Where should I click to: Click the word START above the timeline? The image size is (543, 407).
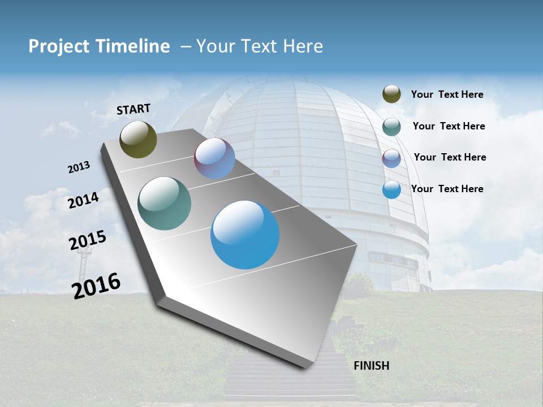coord(133,109)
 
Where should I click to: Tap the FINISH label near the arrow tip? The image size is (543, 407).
coord(371,366)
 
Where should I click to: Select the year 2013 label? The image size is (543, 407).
coord(79,167)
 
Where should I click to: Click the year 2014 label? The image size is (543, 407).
coord(83,200)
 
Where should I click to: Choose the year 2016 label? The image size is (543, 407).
coord(96,285)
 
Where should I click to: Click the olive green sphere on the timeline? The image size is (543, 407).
coord(138,139)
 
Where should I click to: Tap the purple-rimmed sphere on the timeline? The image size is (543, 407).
coord(214,158)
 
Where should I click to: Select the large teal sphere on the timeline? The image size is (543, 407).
coord(164,203)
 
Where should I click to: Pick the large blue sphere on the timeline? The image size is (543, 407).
coord(245,235)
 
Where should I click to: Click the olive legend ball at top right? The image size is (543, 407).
coord(391,94)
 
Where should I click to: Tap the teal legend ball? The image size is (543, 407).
coord(391,126)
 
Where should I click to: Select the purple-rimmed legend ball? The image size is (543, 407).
coord(391,158)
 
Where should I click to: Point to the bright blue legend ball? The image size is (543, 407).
coord(391,189)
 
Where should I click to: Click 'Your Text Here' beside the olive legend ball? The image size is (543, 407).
coord(447,95)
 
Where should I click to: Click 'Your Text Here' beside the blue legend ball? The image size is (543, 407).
coord(447,189)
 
